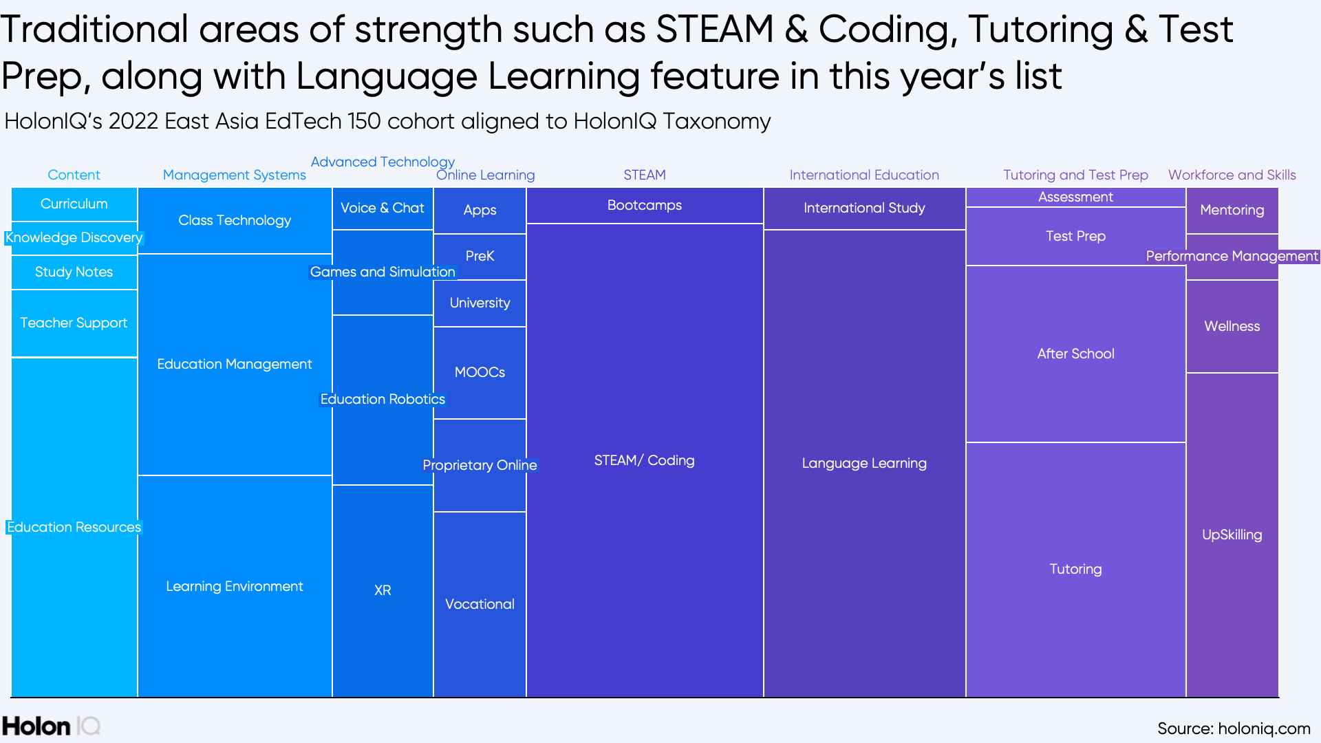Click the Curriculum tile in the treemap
pos(74,204)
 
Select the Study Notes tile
pos(74,272)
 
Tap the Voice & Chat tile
pos(383,208)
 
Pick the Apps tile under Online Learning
pos(480,210)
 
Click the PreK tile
pos(480,256)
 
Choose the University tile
pos(480,303)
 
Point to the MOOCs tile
pos(480,372)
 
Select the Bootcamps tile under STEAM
pos(645,205)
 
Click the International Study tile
pos(864,208)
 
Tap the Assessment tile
pos(1075,197)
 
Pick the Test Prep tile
pos(1075,236)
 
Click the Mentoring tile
pos(1232,210)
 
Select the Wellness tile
pos(1232,326)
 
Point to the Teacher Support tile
pos(74,323)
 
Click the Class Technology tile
pos(235,220)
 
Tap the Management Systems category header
pos(235,175)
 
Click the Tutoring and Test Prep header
pos(1075,175)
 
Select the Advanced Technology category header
pos(383,162)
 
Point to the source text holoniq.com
pos(1233,729)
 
